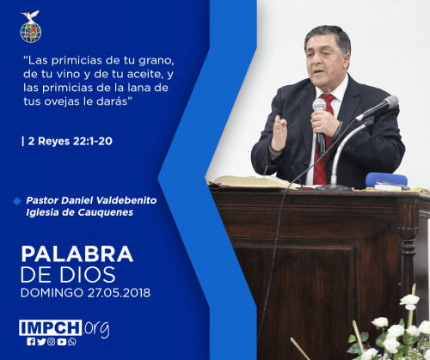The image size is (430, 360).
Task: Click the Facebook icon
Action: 31,341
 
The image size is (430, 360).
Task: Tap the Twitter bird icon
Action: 41,341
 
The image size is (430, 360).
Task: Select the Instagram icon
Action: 52,341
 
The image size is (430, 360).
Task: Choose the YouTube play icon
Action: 62,341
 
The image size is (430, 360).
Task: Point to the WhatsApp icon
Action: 72,341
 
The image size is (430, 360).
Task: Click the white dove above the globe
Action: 30,16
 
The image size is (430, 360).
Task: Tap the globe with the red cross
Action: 31,33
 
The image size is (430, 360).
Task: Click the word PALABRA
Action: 77,253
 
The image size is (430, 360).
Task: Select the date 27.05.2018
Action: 119,293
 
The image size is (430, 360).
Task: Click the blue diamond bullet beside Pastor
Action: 17,201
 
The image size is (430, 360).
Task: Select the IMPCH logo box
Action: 51,327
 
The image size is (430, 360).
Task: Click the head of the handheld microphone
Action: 319,105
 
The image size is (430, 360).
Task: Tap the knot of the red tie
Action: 329,99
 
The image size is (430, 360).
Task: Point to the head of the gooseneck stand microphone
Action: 390,102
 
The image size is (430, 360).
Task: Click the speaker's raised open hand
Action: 279,132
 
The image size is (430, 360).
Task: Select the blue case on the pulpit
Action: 386,180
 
